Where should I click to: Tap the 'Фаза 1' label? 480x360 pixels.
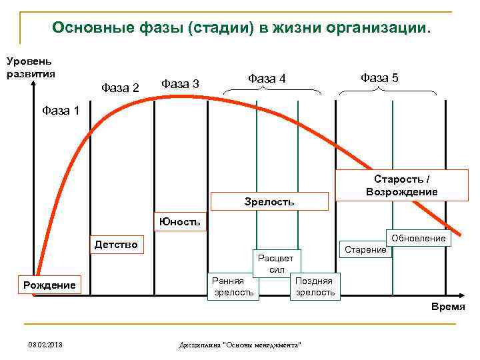coord(60,109)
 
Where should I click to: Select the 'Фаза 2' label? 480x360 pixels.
coord(119,88)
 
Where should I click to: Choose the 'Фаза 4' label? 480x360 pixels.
coord(267,79)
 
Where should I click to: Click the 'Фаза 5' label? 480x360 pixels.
coord(379,78)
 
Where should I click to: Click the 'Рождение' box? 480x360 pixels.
coord(49,285)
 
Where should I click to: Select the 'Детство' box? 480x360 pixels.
coord(116,245)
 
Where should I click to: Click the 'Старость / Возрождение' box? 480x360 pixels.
coord(401,185)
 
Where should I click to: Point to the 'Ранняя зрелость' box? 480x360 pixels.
coord(232,287)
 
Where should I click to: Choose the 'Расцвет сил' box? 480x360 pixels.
coord(277,264)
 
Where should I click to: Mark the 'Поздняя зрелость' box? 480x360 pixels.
coord(315,287)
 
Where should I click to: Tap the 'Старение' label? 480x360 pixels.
coord(365,249)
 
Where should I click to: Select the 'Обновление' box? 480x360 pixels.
coord(419,239)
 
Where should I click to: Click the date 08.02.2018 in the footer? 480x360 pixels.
coord(46,344)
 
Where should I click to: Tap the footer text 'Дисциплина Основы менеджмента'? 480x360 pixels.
coord(241,345)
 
